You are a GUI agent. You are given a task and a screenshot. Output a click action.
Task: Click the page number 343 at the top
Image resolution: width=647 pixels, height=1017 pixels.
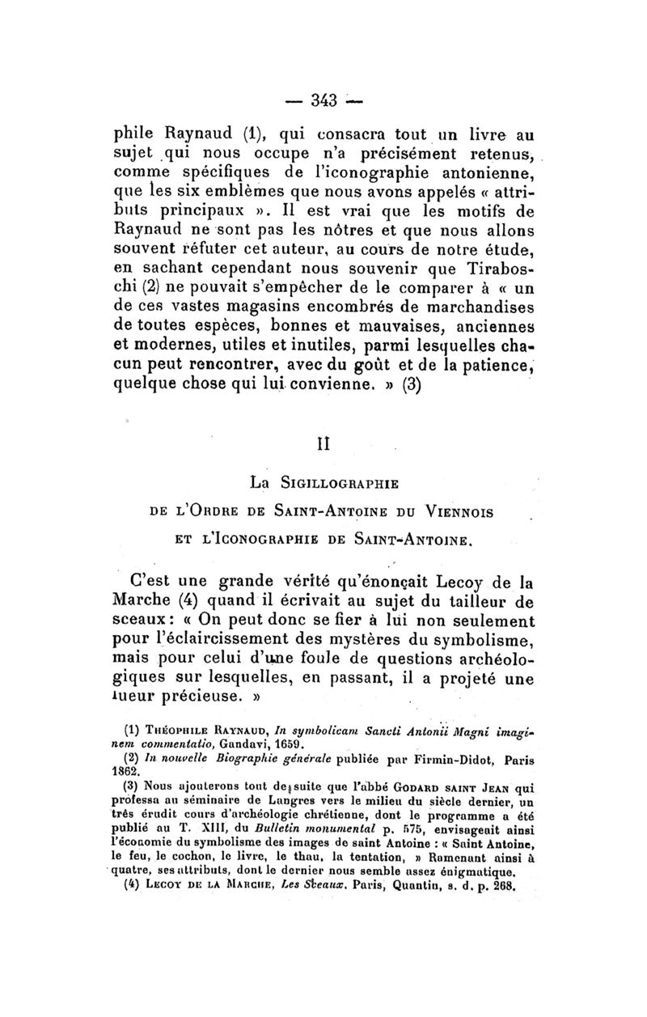pyautogui.click(x=322, y=100)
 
